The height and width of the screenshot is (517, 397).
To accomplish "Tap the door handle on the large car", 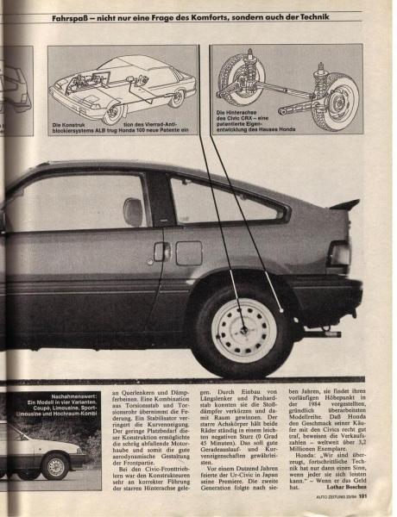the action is point(161,251).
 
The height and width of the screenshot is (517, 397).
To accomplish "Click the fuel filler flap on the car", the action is point(189,252).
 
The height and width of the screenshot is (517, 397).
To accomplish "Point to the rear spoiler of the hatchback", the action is point(345,204).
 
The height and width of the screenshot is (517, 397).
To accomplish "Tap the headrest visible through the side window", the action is point(133,212).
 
